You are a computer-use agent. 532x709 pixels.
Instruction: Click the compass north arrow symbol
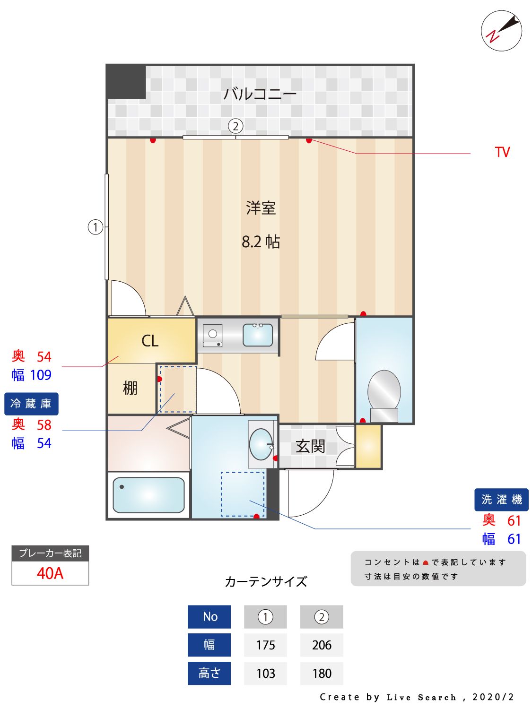coord(502,31)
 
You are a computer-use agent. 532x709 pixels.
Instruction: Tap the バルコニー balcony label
coord(260,94)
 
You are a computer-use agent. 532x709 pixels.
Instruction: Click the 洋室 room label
coord(261,208)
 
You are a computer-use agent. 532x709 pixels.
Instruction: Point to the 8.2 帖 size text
coord(261,242)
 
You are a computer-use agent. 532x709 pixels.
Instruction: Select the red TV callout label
coord(502,152)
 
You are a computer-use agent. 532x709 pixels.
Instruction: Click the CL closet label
coord(150,341)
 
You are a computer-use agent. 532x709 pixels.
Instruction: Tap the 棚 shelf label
coord(130,388)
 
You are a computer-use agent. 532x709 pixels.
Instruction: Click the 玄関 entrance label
coord(310,446)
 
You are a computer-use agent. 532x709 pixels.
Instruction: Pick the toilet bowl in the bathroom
coord(384,390)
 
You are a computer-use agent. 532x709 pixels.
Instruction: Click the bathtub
coord(148,495)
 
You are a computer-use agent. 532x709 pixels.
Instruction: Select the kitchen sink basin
coord(258,335)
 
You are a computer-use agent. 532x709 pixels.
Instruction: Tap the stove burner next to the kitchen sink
coord(213,334)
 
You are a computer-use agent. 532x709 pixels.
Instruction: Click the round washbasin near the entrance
coord(261,444)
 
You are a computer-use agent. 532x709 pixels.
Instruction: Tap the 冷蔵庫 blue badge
coord(31,404)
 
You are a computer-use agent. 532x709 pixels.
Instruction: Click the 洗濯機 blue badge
coord(501,500)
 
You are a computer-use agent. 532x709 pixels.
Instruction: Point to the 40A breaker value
coord(50,573)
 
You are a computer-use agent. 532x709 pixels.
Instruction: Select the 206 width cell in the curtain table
coord(322,645)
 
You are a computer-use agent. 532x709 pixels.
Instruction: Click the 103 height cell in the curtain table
coord(265,673)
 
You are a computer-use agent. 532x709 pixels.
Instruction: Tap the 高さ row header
coord(209,673)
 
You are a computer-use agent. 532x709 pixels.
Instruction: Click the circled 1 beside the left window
coord(96,227)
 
